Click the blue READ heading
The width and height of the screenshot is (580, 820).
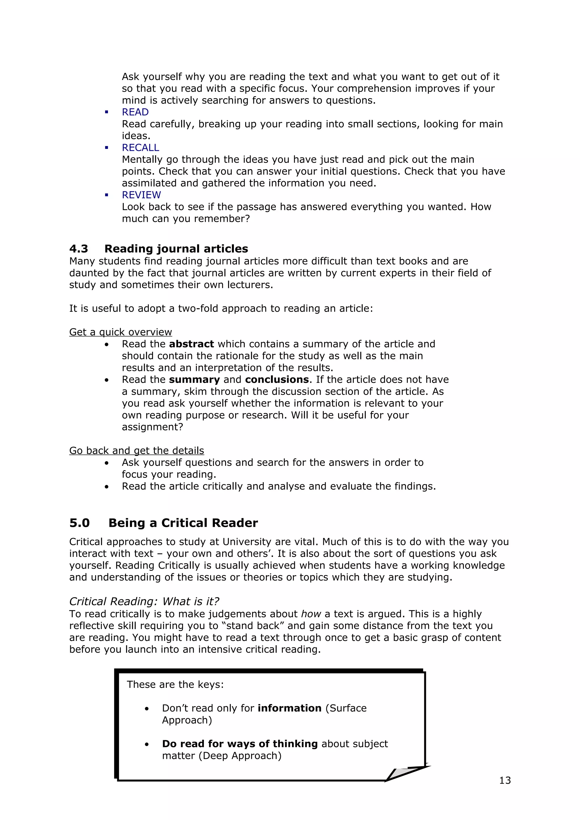click(135, 112)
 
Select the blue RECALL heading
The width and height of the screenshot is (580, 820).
click(140, 147)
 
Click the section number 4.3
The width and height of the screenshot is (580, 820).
click(79, 248)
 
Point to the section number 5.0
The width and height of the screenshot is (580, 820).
click(79, 523)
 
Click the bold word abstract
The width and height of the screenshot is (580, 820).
click(191, 344)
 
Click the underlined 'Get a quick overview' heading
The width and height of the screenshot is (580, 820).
click(120, 332)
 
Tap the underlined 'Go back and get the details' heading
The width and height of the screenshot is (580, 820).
click(137, 451)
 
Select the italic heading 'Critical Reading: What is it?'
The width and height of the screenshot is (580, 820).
click(144, 602)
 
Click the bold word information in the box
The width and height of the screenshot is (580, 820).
click(289, 708)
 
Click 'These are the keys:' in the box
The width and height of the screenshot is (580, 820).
click(175, 684)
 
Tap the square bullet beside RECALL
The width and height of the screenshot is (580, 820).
click(106, 147)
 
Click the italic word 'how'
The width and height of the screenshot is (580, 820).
click(311, 614)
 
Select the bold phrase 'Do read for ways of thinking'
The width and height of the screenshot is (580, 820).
click(240, 744)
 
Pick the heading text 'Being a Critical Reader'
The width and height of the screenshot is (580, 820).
click(183, 523)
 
